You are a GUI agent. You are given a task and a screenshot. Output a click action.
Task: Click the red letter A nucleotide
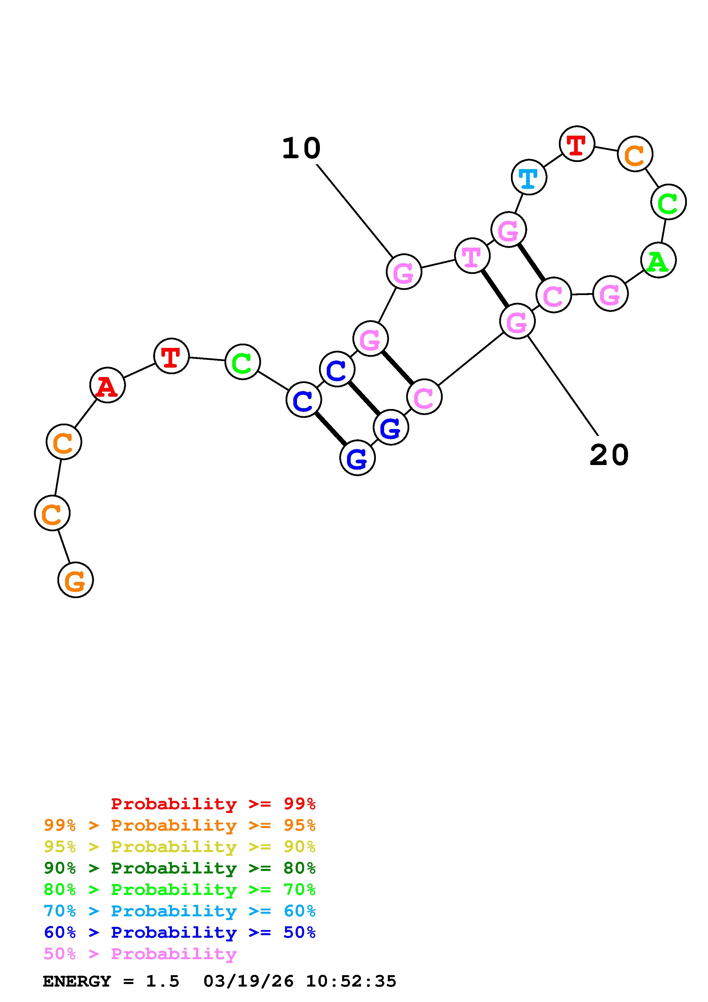pos(107,385)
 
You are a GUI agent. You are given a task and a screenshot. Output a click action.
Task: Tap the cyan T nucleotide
pos(529,177)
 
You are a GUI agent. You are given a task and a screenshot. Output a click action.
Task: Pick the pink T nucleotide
pos(472,256)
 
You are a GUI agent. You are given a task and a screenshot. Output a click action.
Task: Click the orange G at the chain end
pos(75,580)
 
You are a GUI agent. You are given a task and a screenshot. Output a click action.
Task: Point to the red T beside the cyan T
pos(577,144)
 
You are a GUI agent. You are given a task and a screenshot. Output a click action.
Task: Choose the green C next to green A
pos(668,202)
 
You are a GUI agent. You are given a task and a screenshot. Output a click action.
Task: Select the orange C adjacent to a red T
pos(635,154)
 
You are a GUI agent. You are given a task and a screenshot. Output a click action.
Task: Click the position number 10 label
pos(301,148)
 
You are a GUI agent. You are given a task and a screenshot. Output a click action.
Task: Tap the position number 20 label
pos(609,456)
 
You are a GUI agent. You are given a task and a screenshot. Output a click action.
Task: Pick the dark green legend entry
pos(180,868)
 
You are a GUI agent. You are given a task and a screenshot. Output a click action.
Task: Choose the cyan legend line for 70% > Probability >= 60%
pos(180,911)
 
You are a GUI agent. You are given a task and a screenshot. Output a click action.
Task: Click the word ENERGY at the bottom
pos(77,981)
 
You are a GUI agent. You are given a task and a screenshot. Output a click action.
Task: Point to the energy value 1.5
pos(162,981)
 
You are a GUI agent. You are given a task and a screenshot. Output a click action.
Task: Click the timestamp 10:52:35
pos(351,981)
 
